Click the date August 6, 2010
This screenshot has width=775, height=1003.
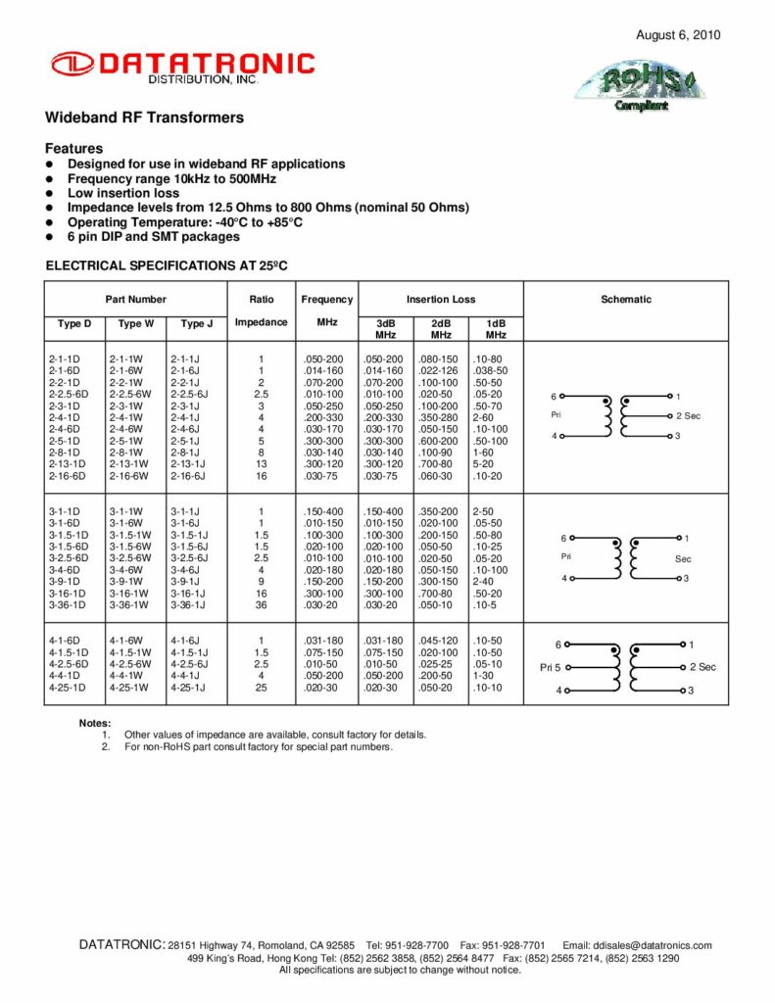[678, 35]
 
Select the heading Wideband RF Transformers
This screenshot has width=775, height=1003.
[145, 119]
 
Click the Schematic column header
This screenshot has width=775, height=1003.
[626, 300]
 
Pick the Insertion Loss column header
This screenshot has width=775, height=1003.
[441, 300]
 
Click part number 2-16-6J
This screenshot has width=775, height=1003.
[187, 476]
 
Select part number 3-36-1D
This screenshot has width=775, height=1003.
[67, 604]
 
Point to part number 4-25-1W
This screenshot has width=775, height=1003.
[128, 688]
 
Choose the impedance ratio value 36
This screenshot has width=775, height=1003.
[262, 604]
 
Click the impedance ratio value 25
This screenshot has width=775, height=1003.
[262, 688]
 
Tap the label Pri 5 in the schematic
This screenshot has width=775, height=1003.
[550, 667]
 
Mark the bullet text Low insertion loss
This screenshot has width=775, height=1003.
[123, 194]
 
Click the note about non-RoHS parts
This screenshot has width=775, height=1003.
[259, 747]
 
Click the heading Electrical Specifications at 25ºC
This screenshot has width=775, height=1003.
[168, 265]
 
